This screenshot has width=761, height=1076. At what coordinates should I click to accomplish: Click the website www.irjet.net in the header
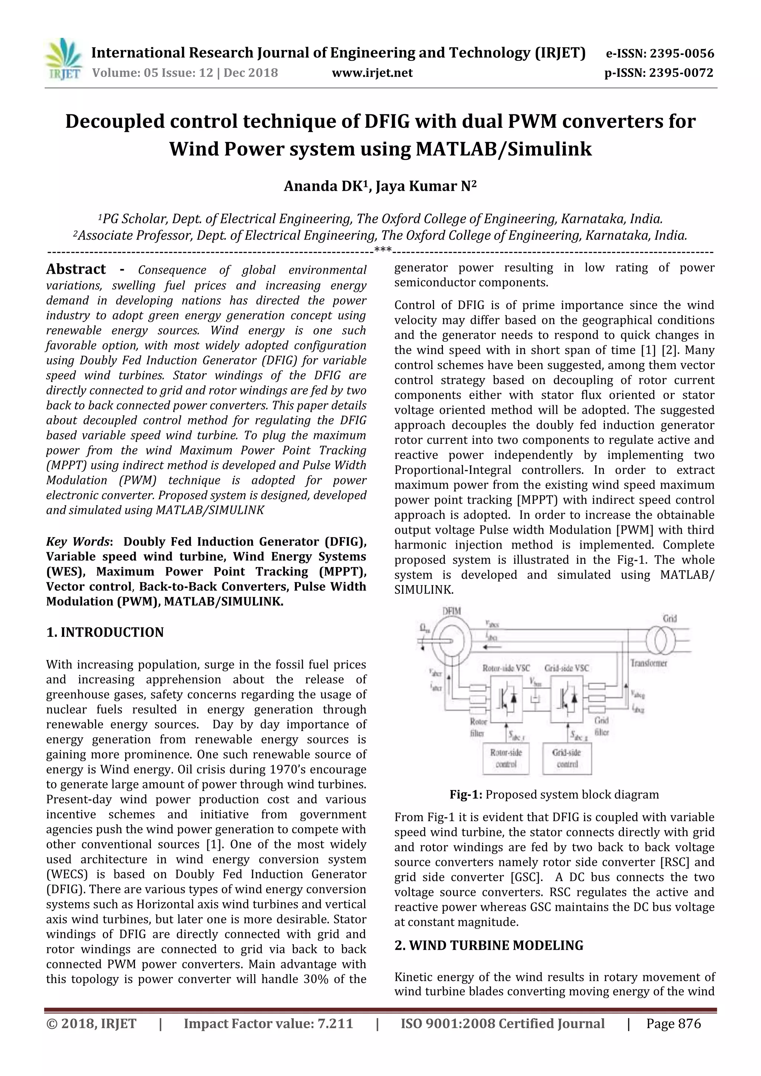click(372, 73)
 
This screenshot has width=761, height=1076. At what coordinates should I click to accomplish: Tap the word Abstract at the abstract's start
click(76, 270)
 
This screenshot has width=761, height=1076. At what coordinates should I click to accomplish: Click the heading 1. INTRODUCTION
click(105, 632)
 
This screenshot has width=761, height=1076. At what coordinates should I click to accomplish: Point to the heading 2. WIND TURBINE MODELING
click(489, 945)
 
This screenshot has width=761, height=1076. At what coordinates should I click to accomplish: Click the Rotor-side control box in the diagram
click(506, 758)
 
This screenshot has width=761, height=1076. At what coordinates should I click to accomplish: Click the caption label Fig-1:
click(466, 795)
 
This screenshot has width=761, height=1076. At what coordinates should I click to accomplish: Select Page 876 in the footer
click(673, 1024)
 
